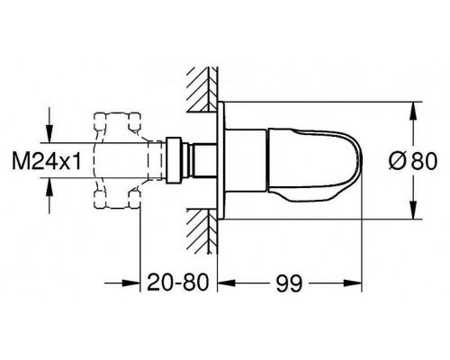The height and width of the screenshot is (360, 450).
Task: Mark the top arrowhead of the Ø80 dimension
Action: [413, 105]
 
